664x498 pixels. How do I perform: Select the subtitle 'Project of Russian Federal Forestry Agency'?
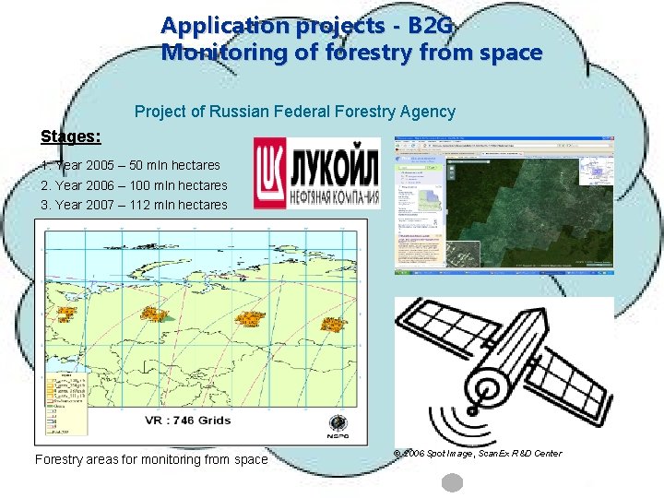pos(294,112)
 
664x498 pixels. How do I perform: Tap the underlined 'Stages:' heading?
pos(71,136)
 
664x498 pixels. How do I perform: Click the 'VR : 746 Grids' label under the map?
pos(187,421)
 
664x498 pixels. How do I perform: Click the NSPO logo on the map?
pos(338,426)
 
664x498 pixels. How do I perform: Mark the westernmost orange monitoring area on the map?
pos(66,314)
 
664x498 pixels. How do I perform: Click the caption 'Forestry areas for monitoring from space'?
pos(150,459)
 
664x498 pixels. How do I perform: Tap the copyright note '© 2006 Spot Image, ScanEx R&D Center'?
pos(477,453)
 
